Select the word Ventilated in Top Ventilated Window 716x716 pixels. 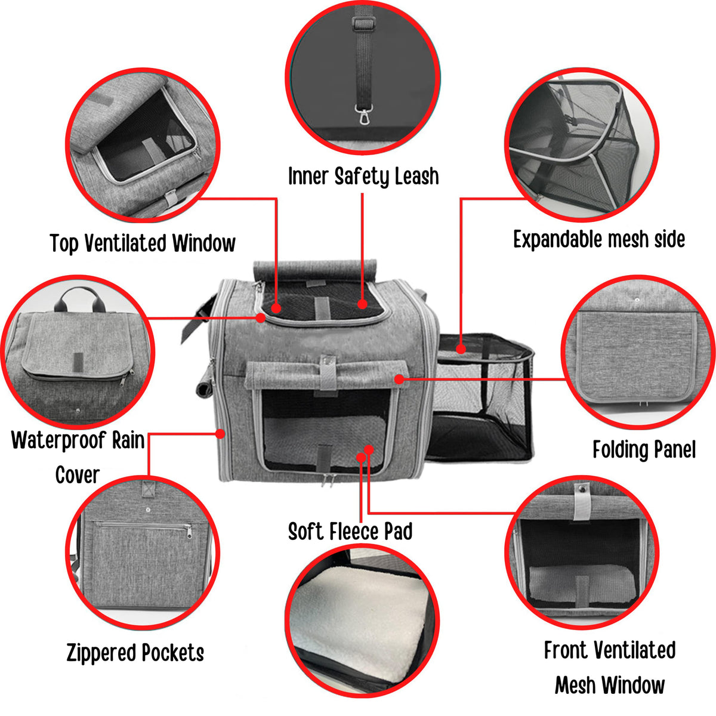tap(125, 243)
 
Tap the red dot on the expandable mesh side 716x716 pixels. tap(461, 349)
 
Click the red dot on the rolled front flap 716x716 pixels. tap(399, 379)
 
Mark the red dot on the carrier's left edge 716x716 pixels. tap(221, 433)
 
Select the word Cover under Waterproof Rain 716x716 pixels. tap(78, 475)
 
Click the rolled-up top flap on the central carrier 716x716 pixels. tap(314, 270)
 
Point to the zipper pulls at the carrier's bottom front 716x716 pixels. tap(326, 480)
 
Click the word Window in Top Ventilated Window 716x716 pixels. tap(203, 243)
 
